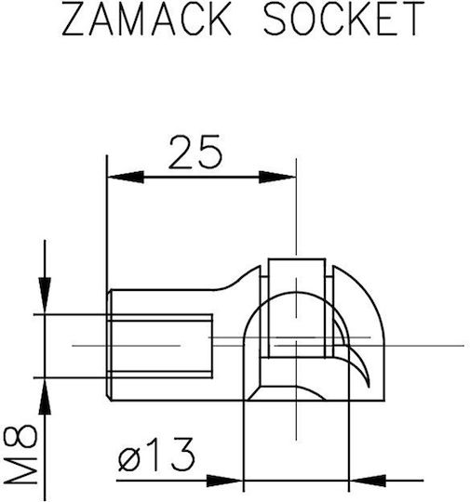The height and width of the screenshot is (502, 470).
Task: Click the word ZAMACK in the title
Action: pos(146,19)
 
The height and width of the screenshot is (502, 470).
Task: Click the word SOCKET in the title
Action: pos(344,19)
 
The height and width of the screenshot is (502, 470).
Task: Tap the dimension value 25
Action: pos(195,152)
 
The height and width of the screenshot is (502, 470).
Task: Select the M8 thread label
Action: pos(20,455)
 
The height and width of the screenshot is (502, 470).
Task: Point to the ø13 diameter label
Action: pos(156,455)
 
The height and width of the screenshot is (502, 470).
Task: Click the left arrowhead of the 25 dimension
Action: pos(126,177)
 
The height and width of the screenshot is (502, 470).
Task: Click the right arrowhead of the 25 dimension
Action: pos(277,177)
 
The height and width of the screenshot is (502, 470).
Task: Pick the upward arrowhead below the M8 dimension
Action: pos(45,396)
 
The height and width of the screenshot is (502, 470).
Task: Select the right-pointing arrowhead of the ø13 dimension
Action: pos(224,481)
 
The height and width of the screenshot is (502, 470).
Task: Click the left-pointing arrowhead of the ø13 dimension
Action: pos(368,481)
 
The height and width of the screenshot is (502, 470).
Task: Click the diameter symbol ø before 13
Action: pos(129,460)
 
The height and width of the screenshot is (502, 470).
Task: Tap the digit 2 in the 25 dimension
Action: pos(181,152)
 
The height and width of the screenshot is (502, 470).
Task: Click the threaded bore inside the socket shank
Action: pos(160,346)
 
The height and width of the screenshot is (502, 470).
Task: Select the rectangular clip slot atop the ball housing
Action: pos(297,308)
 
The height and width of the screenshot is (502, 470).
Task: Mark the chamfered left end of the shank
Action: pos(109,345)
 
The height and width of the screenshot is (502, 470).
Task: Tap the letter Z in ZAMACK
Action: pos(74,19)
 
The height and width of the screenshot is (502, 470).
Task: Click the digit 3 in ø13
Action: pos(182,455)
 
